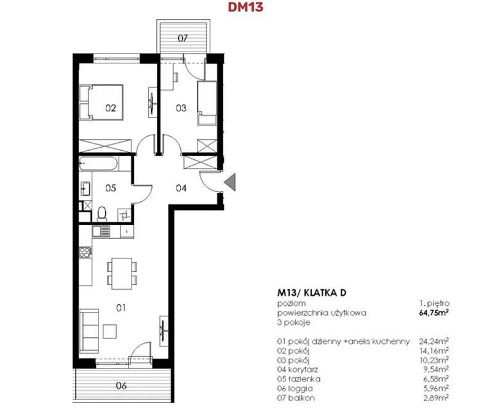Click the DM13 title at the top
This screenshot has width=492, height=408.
(x=245, y=7)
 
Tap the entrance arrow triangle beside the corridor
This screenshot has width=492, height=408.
(x=231, y=183)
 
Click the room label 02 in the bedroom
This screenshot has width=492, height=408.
(x=111, y=108)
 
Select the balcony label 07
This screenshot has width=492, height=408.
(x=183, y=38)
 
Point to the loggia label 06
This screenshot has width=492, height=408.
(x=121, y=385)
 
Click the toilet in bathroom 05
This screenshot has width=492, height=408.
(x=102, y=214)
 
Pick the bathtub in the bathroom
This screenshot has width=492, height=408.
(x=98, y=164)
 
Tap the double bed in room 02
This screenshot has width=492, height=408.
(x=101, y=102)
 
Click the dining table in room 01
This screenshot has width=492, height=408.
(x=122, y=273)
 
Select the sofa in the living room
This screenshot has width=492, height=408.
(x=89, y=331)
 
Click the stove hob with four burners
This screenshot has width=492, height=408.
(x=85, y=252)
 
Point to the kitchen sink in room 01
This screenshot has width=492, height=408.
(x=101, y=231)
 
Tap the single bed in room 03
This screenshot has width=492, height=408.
(x=207, y=103)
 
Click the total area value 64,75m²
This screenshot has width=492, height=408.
(x=434, y=313)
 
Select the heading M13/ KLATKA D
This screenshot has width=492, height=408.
(x=312, y=293)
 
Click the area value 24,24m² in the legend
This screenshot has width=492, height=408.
(x=434, y=341)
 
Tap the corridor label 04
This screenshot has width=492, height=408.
(x=181, y=188)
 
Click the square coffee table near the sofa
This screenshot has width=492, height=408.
(x=110, y=331)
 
